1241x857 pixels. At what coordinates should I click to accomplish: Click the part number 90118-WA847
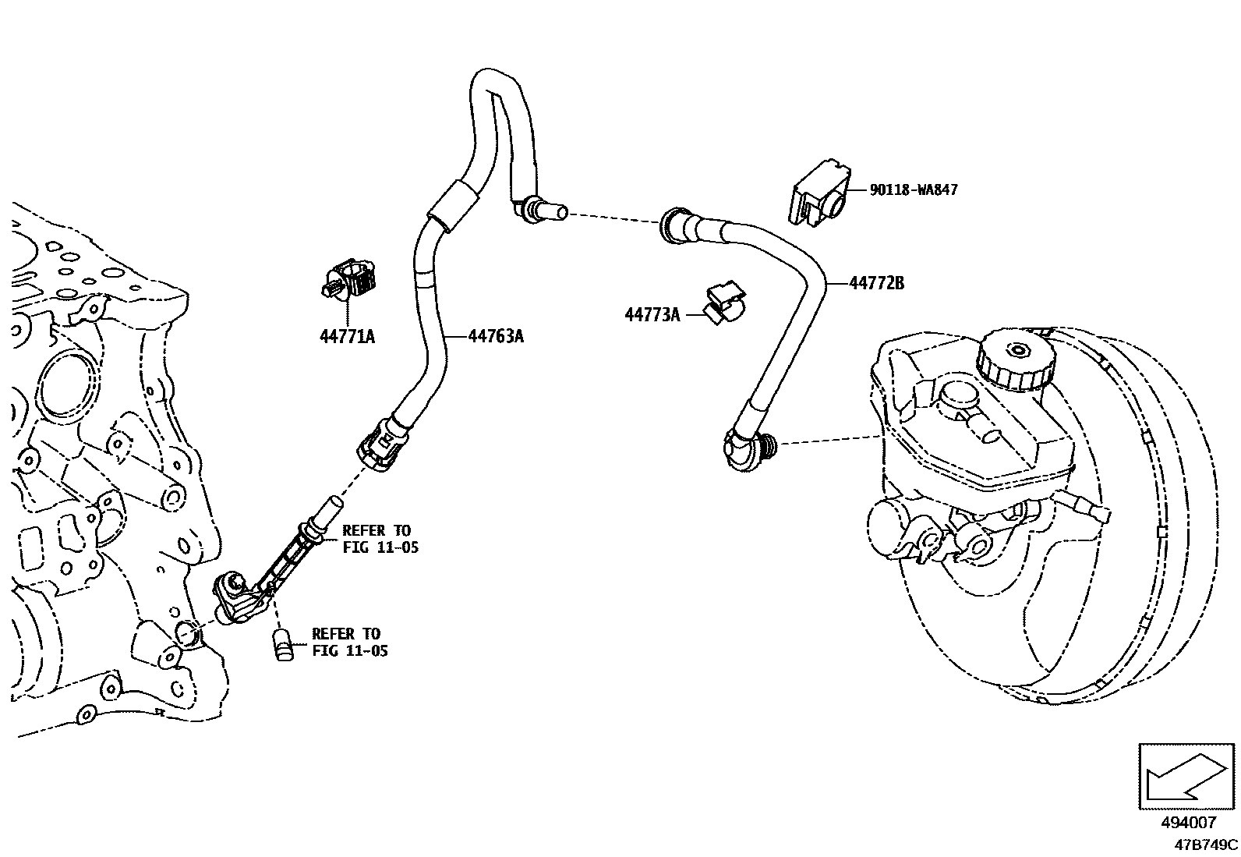coord(914,189)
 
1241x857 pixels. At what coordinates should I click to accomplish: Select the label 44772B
coord(876,284)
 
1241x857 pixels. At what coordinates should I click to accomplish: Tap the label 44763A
coord(496,336)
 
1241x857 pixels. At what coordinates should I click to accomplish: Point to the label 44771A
coord(347,336)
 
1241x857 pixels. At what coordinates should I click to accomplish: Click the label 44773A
coord(652,314)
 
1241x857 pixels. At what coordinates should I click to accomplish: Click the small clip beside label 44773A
coord(724,303)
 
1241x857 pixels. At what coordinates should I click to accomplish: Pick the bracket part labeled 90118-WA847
coord(818,193)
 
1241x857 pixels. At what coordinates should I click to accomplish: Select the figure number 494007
coord(1188,823)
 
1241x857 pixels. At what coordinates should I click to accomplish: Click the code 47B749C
coord(1207,844)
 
